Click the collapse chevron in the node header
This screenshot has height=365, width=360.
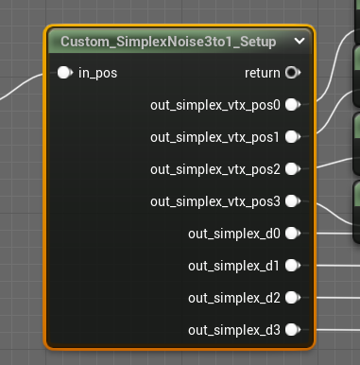coord(300,42)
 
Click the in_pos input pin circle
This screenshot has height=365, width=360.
coord(63,72)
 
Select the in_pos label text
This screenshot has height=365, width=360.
coord(97,72)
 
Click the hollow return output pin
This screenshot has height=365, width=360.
coord(292,72)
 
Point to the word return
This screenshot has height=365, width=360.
coord(262,72)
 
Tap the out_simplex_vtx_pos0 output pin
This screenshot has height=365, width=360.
coord(292,104)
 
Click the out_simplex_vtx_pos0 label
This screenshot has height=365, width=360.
coord(215,104)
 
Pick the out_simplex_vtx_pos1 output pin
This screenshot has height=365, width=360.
coord(292,137)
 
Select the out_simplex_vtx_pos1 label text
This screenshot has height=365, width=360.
coord(215,137)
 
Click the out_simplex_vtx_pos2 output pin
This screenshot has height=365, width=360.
coord(292,169)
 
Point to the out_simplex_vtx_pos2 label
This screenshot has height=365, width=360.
coord(215,169)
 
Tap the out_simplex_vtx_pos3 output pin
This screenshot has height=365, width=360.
coord(292,201)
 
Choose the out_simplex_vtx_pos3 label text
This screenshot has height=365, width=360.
coord(215,201)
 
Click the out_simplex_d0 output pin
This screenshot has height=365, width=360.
coord(292,234)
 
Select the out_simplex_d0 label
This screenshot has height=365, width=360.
coord(234,234)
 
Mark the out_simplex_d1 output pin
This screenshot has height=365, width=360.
coord(292,266)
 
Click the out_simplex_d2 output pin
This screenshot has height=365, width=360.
coord(292,298)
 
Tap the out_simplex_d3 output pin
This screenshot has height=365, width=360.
coord(292,330)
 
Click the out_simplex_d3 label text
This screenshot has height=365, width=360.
coord(234,330)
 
